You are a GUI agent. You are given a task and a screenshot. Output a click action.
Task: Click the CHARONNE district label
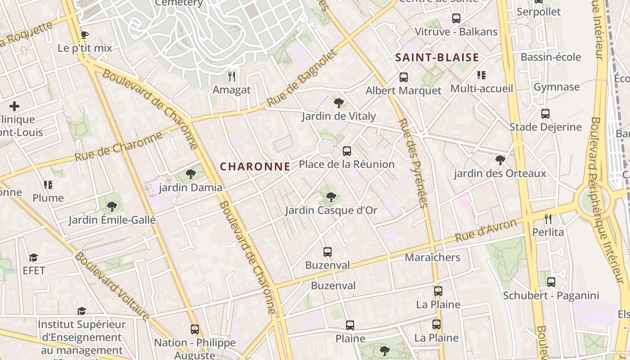(255, 166)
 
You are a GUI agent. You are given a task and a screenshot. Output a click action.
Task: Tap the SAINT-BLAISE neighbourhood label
(436, 58)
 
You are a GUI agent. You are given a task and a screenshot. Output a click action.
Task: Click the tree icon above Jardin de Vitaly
(338, 103)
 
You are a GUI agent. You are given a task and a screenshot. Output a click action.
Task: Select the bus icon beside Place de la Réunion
(346, 151)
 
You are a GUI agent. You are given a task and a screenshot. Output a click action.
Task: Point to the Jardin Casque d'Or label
(331, 210)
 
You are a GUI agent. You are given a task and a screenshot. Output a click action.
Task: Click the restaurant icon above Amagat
(232, 76)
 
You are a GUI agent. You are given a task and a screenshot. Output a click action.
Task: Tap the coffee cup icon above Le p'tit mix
(84, 35)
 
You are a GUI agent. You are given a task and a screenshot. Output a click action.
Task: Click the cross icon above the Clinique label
(14, 106)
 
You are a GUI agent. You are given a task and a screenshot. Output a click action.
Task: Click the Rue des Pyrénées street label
(412, 163)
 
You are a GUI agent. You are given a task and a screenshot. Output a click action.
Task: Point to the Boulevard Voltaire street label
(112, 286)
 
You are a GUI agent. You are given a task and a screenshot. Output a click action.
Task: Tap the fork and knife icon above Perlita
(548, 219)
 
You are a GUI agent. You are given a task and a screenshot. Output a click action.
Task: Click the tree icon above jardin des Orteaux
(499, 160)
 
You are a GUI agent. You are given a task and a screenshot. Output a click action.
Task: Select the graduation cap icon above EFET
(33, 257)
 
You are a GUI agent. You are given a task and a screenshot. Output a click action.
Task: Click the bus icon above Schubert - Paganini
(551, 282)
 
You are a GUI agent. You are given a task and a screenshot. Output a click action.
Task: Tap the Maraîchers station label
(432, 257)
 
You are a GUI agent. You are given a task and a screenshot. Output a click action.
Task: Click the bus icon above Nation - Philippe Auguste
(194, 329)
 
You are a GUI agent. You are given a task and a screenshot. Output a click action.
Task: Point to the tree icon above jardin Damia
(191, 174)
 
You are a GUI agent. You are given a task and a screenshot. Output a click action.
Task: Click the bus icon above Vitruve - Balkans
(456, 18)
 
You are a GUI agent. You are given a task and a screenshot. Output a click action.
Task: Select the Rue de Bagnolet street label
(302, 79)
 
